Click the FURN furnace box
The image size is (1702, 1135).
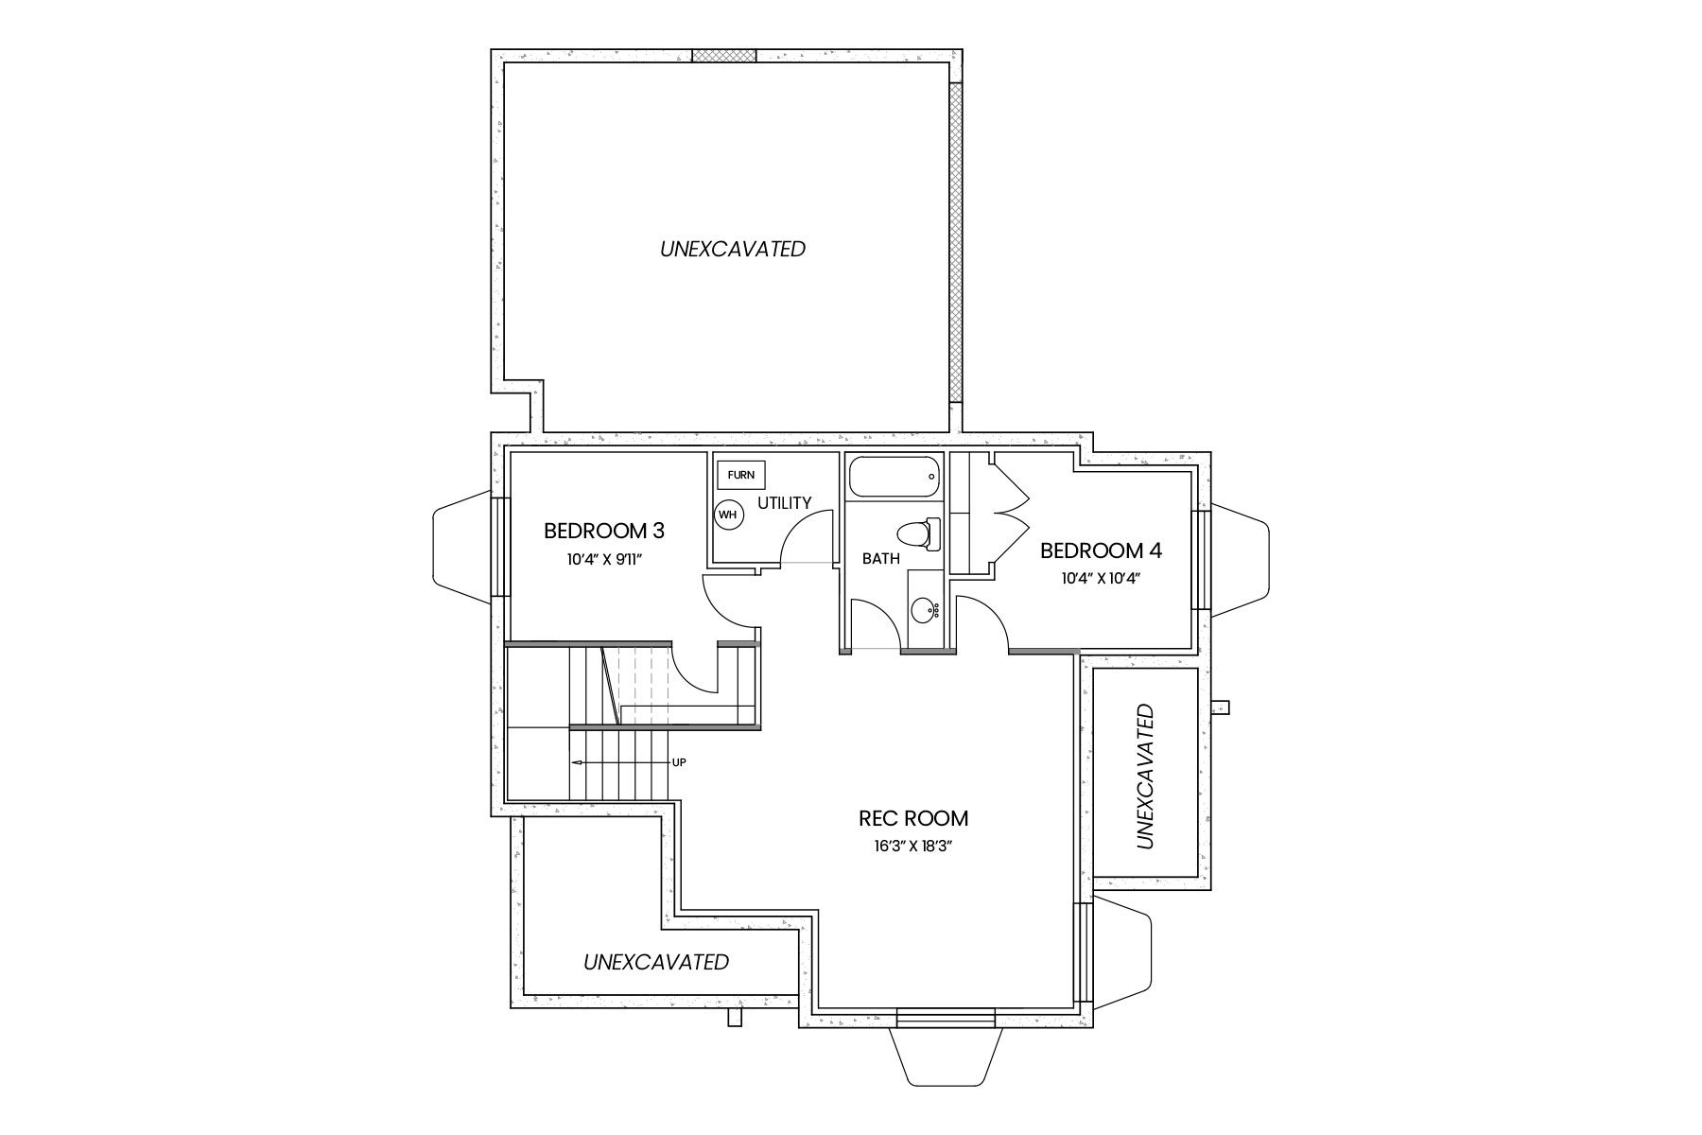point(741,475)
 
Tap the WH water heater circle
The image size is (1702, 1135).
point(728,515)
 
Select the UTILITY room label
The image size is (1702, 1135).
point(784,502)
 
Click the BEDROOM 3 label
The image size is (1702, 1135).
point(603,531)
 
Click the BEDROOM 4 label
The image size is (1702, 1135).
point(1101,550)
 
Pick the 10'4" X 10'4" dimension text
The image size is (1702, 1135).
point(1101,578)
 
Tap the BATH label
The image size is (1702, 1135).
point(880,558)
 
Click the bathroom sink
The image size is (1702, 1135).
point(925,610)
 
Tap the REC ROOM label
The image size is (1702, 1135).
point(912,818)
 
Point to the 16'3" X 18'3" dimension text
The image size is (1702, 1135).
point(912,847)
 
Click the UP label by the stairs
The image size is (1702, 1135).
point(678,761)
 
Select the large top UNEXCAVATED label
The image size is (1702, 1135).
point(733,249)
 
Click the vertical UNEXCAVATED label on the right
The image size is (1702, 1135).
point(1145,776)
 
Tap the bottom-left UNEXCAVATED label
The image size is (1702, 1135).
point(656,962)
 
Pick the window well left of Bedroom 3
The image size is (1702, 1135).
point(461,549)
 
